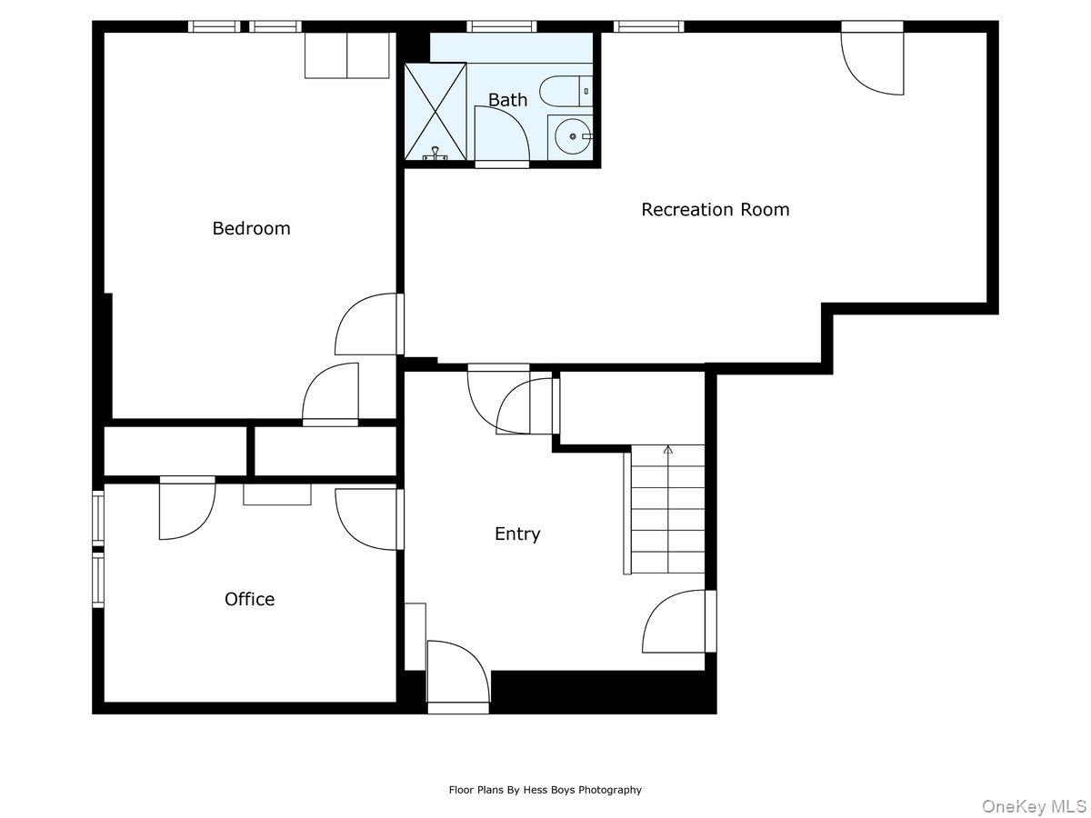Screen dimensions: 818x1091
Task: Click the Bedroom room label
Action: pyautogui.click(x=251, y=228)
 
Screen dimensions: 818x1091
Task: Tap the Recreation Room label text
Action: pyautogui.click(x=715, y=209)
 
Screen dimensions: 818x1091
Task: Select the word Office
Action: pyautogui.click(x=249, y=599)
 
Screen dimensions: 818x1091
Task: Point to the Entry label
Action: pyautogui.click(x=517, y=534)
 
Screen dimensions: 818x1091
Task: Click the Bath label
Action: pyautogui.click(x=507, y=100)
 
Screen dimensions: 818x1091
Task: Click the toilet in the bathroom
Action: pyautogui.click(x=565, y=91)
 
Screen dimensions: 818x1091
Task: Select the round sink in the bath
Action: pyautogui.click(x=572, y=136)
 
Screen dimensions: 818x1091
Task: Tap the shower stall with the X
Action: pyautogui.click(x=435, y=111)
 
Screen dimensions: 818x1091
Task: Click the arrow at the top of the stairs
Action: pyautogui.click(x=668, y=449)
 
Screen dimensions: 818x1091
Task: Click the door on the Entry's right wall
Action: pyautogui.click(x=677, y=623)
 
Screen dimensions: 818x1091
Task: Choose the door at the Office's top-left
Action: pyautogui.click(x=186, y=509)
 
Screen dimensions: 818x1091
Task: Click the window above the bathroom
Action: pyautogui.click(x=502, y=25)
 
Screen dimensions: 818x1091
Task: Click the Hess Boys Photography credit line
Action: pyautogui.click(x=545, y=790)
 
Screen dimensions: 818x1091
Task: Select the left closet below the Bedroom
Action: pyautogui.click(x=175, y=451)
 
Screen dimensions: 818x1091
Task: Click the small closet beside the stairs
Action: pyautogui.click(x=632, y=408)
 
